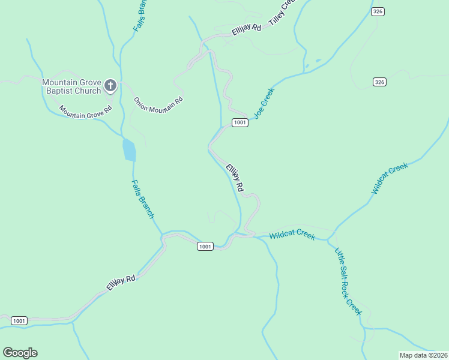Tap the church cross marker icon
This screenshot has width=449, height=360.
[110, 86]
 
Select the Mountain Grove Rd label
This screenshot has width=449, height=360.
[86, 110]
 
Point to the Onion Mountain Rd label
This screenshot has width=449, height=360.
[158, 103]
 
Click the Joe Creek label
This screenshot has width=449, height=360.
[264, 103]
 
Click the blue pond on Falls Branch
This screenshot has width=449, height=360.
[129, 150]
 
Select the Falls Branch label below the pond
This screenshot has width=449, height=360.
[143, 199]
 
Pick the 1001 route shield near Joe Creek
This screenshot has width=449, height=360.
[240, 122]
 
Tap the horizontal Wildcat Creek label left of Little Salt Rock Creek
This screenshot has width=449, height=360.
[292, 236]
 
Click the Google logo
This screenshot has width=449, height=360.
[20, 353]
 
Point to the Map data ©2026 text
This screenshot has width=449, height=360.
[424, 355]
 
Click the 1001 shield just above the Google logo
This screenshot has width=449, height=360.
[19, 320]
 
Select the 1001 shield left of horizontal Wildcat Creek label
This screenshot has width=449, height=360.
[205, 246]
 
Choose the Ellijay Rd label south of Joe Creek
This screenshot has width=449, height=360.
[235, 178]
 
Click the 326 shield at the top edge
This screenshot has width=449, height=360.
[378, 11]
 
